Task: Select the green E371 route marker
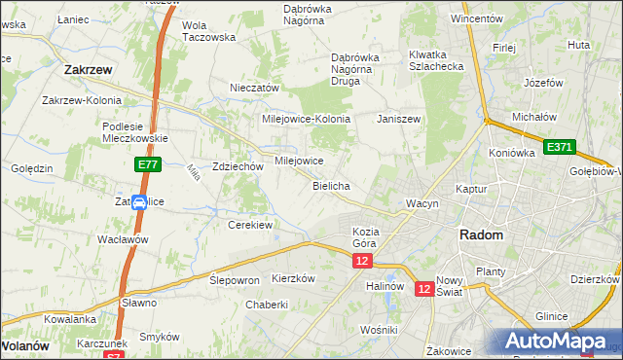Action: [560, 147]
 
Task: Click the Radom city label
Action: [481, 235]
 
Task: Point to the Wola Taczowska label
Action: [209, 30]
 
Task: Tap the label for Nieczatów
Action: [254, 88]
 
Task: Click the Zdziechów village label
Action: [238, 166]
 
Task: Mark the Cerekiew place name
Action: [249, 225]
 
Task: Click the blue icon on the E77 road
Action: [139, 203]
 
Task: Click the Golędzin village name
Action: [31, 168]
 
